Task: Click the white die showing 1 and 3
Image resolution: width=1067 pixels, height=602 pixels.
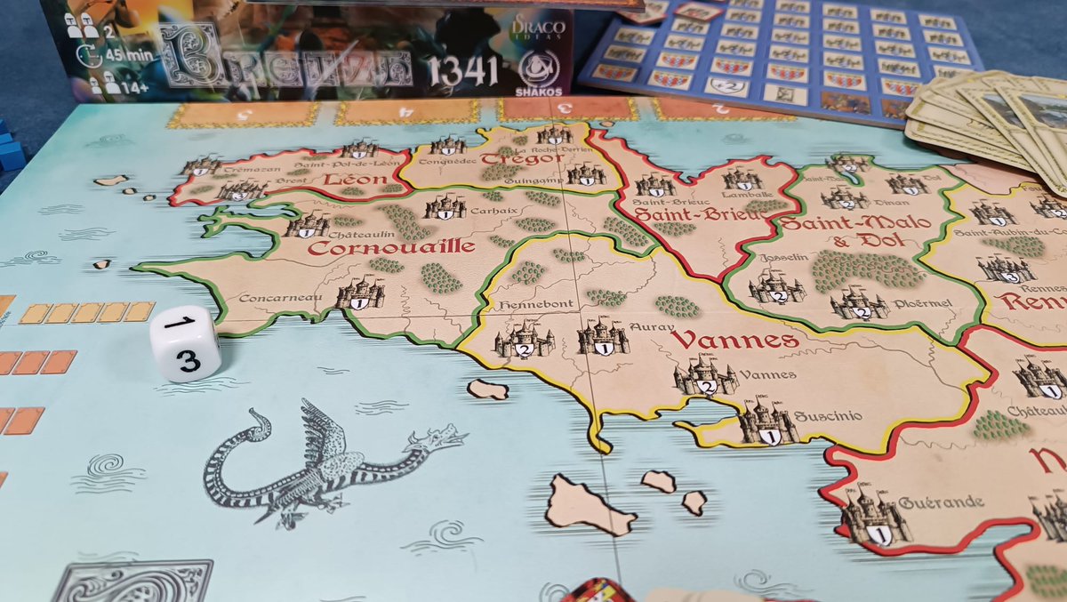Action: (x=185, y=344)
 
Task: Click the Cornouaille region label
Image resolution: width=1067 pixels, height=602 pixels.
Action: (x=392, y=248)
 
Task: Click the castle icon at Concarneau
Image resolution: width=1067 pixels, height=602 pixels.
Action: (x=360, y=293)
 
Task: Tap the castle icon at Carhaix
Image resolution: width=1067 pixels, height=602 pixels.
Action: (x=445, y=208)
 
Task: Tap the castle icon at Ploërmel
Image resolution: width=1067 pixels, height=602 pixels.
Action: (x=858, y=304)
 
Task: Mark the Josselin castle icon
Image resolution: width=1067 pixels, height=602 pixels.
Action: (x=776, y=287)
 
